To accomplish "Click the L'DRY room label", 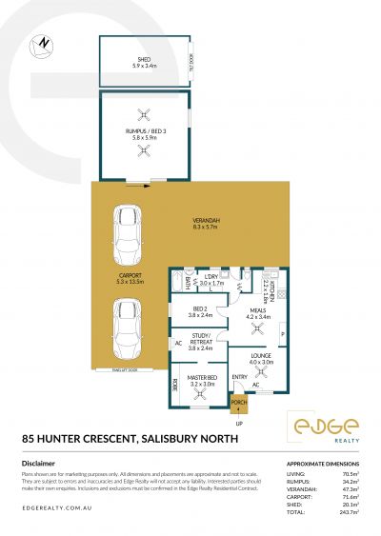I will click(x=211, y=280).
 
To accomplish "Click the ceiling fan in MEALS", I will click(x=254, y=329).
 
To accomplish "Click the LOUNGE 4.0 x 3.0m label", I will click(x=261, y=358).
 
